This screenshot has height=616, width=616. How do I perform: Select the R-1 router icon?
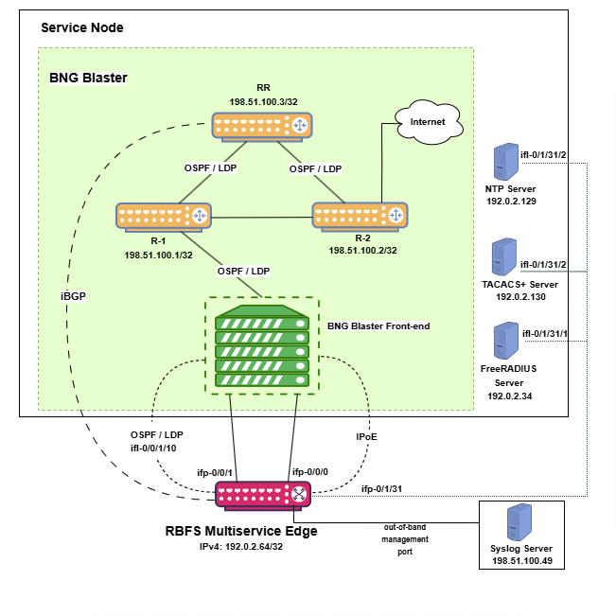click(164, 216)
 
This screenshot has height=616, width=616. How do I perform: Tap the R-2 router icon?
click(361, 216)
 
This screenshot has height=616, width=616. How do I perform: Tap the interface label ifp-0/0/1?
click(217, 470)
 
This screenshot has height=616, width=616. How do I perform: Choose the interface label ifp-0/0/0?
click(309, 470)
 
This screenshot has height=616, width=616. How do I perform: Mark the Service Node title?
click(82, 27)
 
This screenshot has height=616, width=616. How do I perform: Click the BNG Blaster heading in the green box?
click(88, 77)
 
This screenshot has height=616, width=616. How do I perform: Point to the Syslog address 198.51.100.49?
click(521, 562)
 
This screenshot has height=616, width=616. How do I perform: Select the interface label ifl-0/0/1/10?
click(153, 448)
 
